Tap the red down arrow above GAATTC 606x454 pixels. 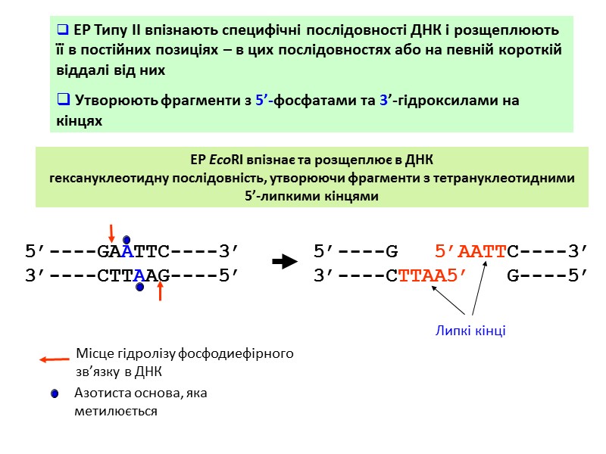tap(111, 233)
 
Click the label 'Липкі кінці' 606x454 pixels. tap(470, 331)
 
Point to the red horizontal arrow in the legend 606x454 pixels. tap(55, 360)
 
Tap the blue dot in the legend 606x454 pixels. tap(55, 394)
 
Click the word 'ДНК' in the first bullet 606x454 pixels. tap(426, 31)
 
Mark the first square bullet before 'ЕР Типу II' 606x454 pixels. tap(63, 32)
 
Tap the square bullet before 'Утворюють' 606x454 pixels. tap(63, 101)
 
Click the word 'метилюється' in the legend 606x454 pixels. tap(116, 411)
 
